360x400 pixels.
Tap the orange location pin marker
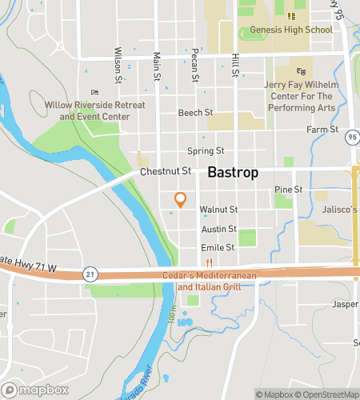180,199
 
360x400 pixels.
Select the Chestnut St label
166,170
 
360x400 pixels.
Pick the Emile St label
218,247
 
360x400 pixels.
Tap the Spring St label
205,150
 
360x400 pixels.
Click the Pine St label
287,190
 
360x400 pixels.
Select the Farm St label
322,130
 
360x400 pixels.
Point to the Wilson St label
118,64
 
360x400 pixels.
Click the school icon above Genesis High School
291,16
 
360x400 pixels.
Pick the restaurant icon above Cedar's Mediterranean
208,262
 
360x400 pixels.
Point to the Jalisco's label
339,210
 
